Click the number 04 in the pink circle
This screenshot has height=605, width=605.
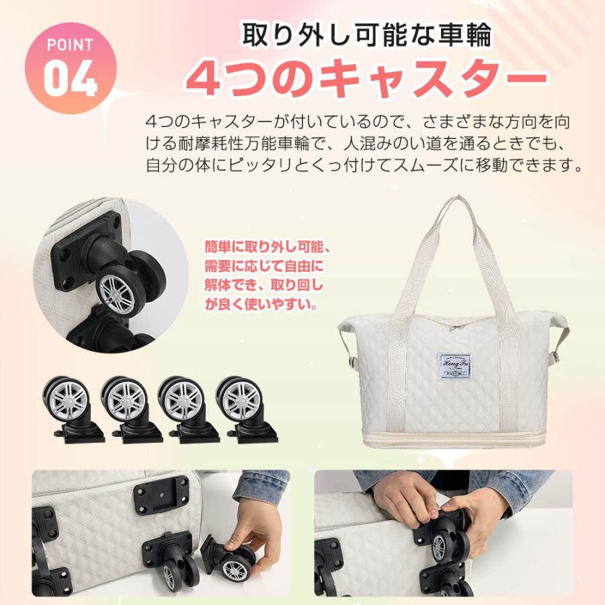click(71, 79)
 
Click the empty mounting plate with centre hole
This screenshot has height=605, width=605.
click(161, 497)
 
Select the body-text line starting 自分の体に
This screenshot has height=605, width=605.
click(364, 165)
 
